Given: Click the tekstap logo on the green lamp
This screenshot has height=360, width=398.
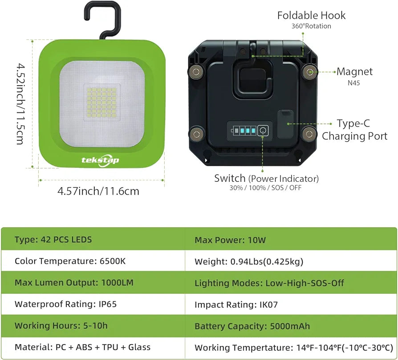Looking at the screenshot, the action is point(100,160).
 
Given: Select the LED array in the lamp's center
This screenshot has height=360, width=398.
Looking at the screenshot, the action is point(102,102).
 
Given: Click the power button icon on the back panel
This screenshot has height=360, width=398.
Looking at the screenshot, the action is point(263,131).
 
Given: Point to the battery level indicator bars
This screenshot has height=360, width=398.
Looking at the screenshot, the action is point(243,131).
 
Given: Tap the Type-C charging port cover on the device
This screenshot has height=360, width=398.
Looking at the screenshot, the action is point(285,124).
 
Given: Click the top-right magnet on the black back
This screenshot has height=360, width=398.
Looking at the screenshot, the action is point(310,72).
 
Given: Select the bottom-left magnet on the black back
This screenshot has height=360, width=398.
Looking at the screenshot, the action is point(196,134).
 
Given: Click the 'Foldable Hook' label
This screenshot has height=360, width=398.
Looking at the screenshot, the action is point(311,16).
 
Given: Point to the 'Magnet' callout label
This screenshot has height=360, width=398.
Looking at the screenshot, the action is point(355,72).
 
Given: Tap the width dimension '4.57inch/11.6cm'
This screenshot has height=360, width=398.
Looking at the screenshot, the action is point(98,191).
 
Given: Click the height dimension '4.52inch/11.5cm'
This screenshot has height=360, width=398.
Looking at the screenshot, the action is point(21,104).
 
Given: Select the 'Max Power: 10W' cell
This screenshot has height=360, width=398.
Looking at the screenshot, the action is point(230,240).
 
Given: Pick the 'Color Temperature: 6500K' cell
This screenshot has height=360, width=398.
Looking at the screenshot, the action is point(70,261).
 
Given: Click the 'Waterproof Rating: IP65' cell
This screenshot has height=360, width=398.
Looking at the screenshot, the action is point(66,304).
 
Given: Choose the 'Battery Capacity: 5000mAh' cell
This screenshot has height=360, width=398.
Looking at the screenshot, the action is point(252,326).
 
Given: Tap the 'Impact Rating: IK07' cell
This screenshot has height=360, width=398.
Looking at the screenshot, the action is point(236,305).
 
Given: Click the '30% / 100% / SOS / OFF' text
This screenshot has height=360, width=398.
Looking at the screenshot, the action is point(265,188).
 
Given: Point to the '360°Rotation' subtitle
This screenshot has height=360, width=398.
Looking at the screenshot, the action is point(311,26).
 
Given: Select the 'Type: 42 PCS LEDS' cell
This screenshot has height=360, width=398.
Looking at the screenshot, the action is point(53,240).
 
